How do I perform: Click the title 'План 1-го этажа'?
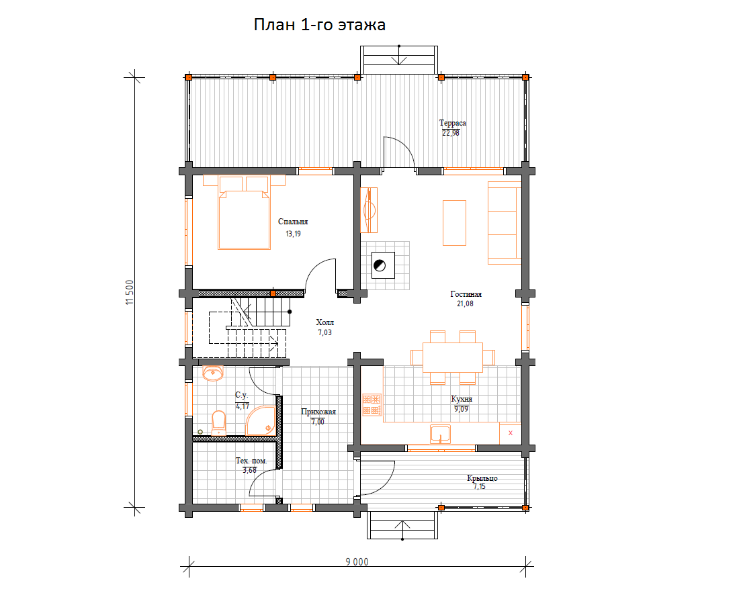320,24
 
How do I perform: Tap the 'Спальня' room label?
293,222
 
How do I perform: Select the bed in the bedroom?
244,212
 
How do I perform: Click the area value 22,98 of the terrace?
451,133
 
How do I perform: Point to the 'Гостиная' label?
466,294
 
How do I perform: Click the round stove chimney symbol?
380,265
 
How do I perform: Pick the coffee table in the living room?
454,223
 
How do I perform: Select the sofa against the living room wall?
505,222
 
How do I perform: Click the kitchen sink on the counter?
440,434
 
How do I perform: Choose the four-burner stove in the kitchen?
372,405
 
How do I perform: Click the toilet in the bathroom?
219,423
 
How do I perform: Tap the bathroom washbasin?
212,373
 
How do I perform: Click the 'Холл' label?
324,322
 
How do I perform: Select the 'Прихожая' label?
318,412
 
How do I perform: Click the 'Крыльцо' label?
482,478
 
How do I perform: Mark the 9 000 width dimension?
357,561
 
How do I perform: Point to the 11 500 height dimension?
130,292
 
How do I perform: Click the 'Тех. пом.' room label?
251,461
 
